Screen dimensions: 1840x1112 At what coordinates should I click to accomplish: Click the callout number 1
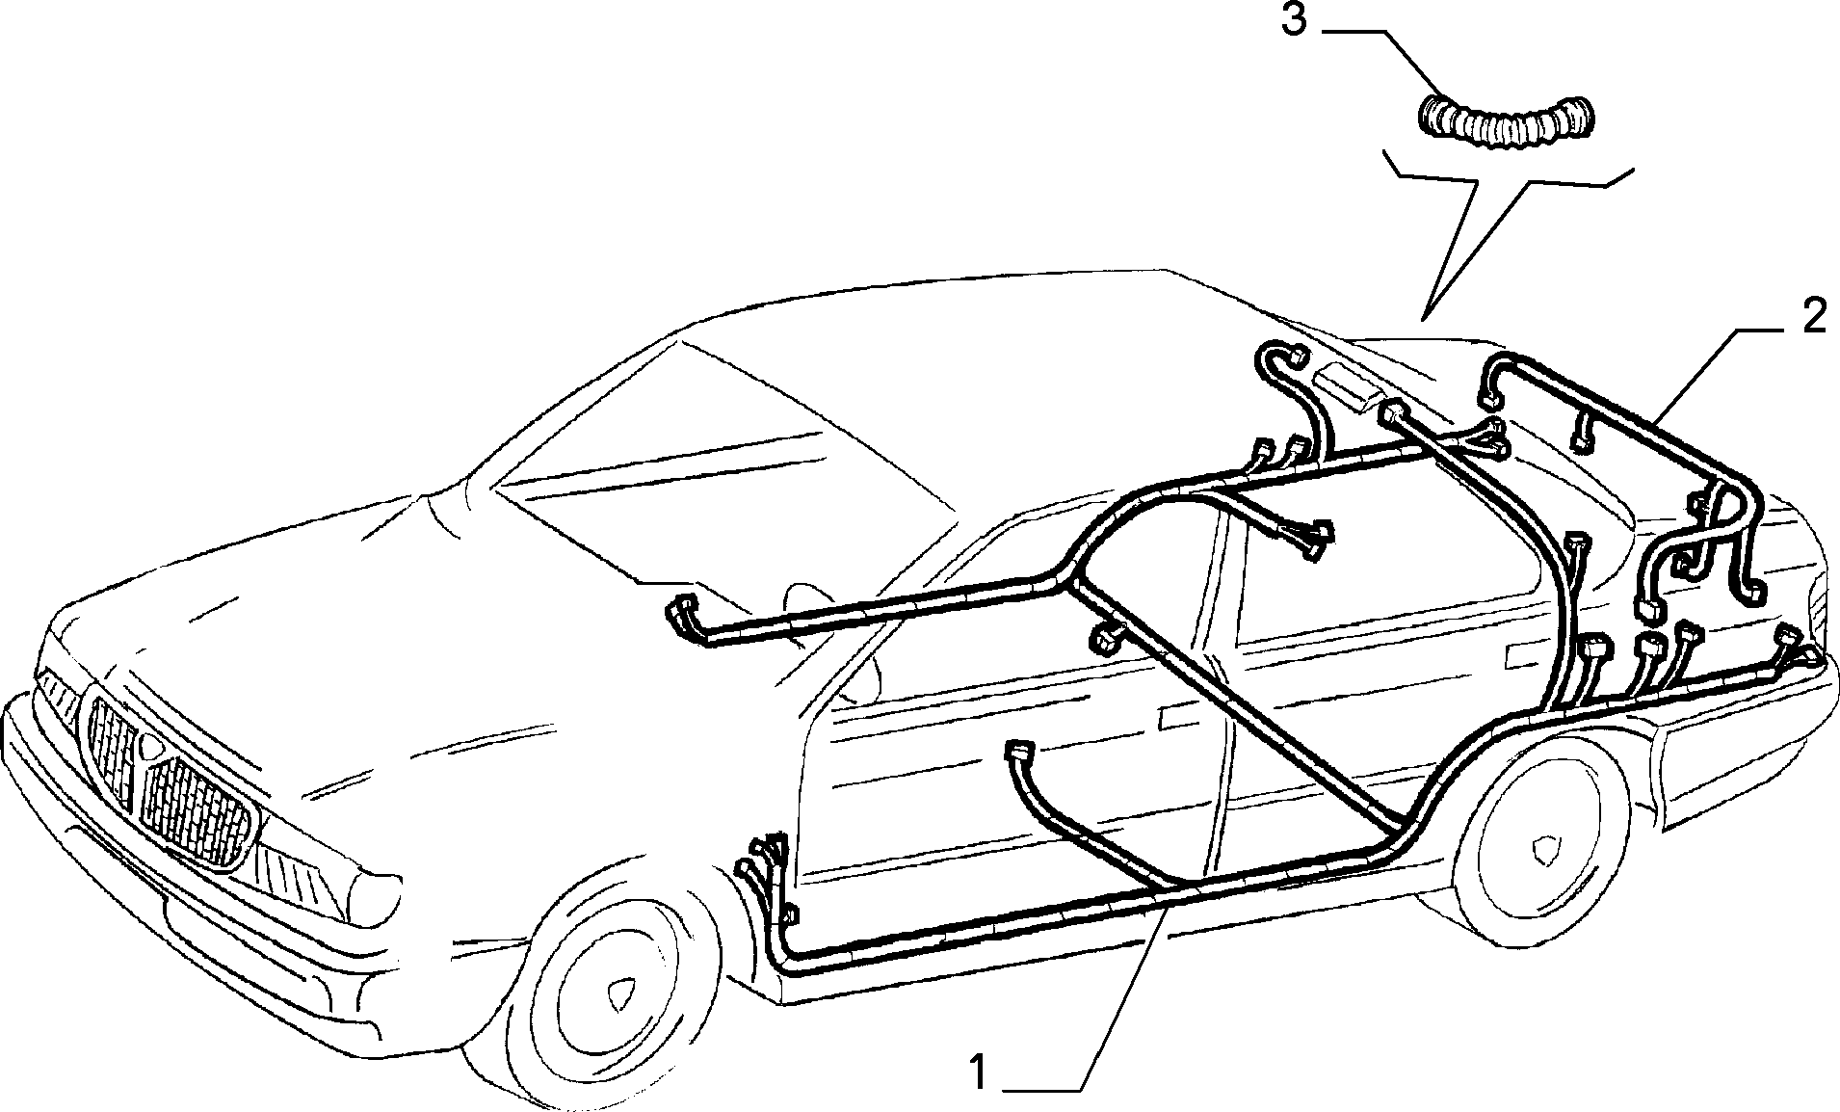coord(979,1072)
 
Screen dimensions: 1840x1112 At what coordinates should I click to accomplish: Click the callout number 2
coord(1813,317)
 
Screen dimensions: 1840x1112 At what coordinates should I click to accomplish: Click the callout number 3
coord(1294,21)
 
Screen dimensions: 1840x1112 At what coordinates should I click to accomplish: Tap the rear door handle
coord(1520,655)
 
